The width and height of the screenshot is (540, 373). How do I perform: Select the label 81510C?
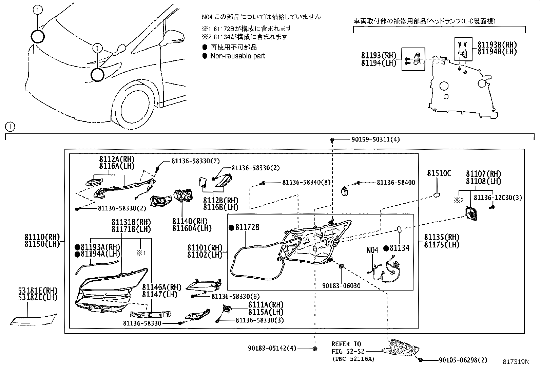click(439, 173)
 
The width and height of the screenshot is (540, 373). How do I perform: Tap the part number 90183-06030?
click(341, 286)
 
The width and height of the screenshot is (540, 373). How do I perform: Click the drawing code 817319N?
click(516, 362)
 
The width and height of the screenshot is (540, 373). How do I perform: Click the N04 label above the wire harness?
click(372, 250)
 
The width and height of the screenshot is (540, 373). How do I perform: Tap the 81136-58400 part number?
click(396, 183)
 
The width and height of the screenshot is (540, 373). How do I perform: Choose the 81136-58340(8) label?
click(306, 183)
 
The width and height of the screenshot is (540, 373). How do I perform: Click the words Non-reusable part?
click(237, 56)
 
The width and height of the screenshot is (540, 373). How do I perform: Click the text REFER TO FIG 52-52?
click(346, 348)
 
